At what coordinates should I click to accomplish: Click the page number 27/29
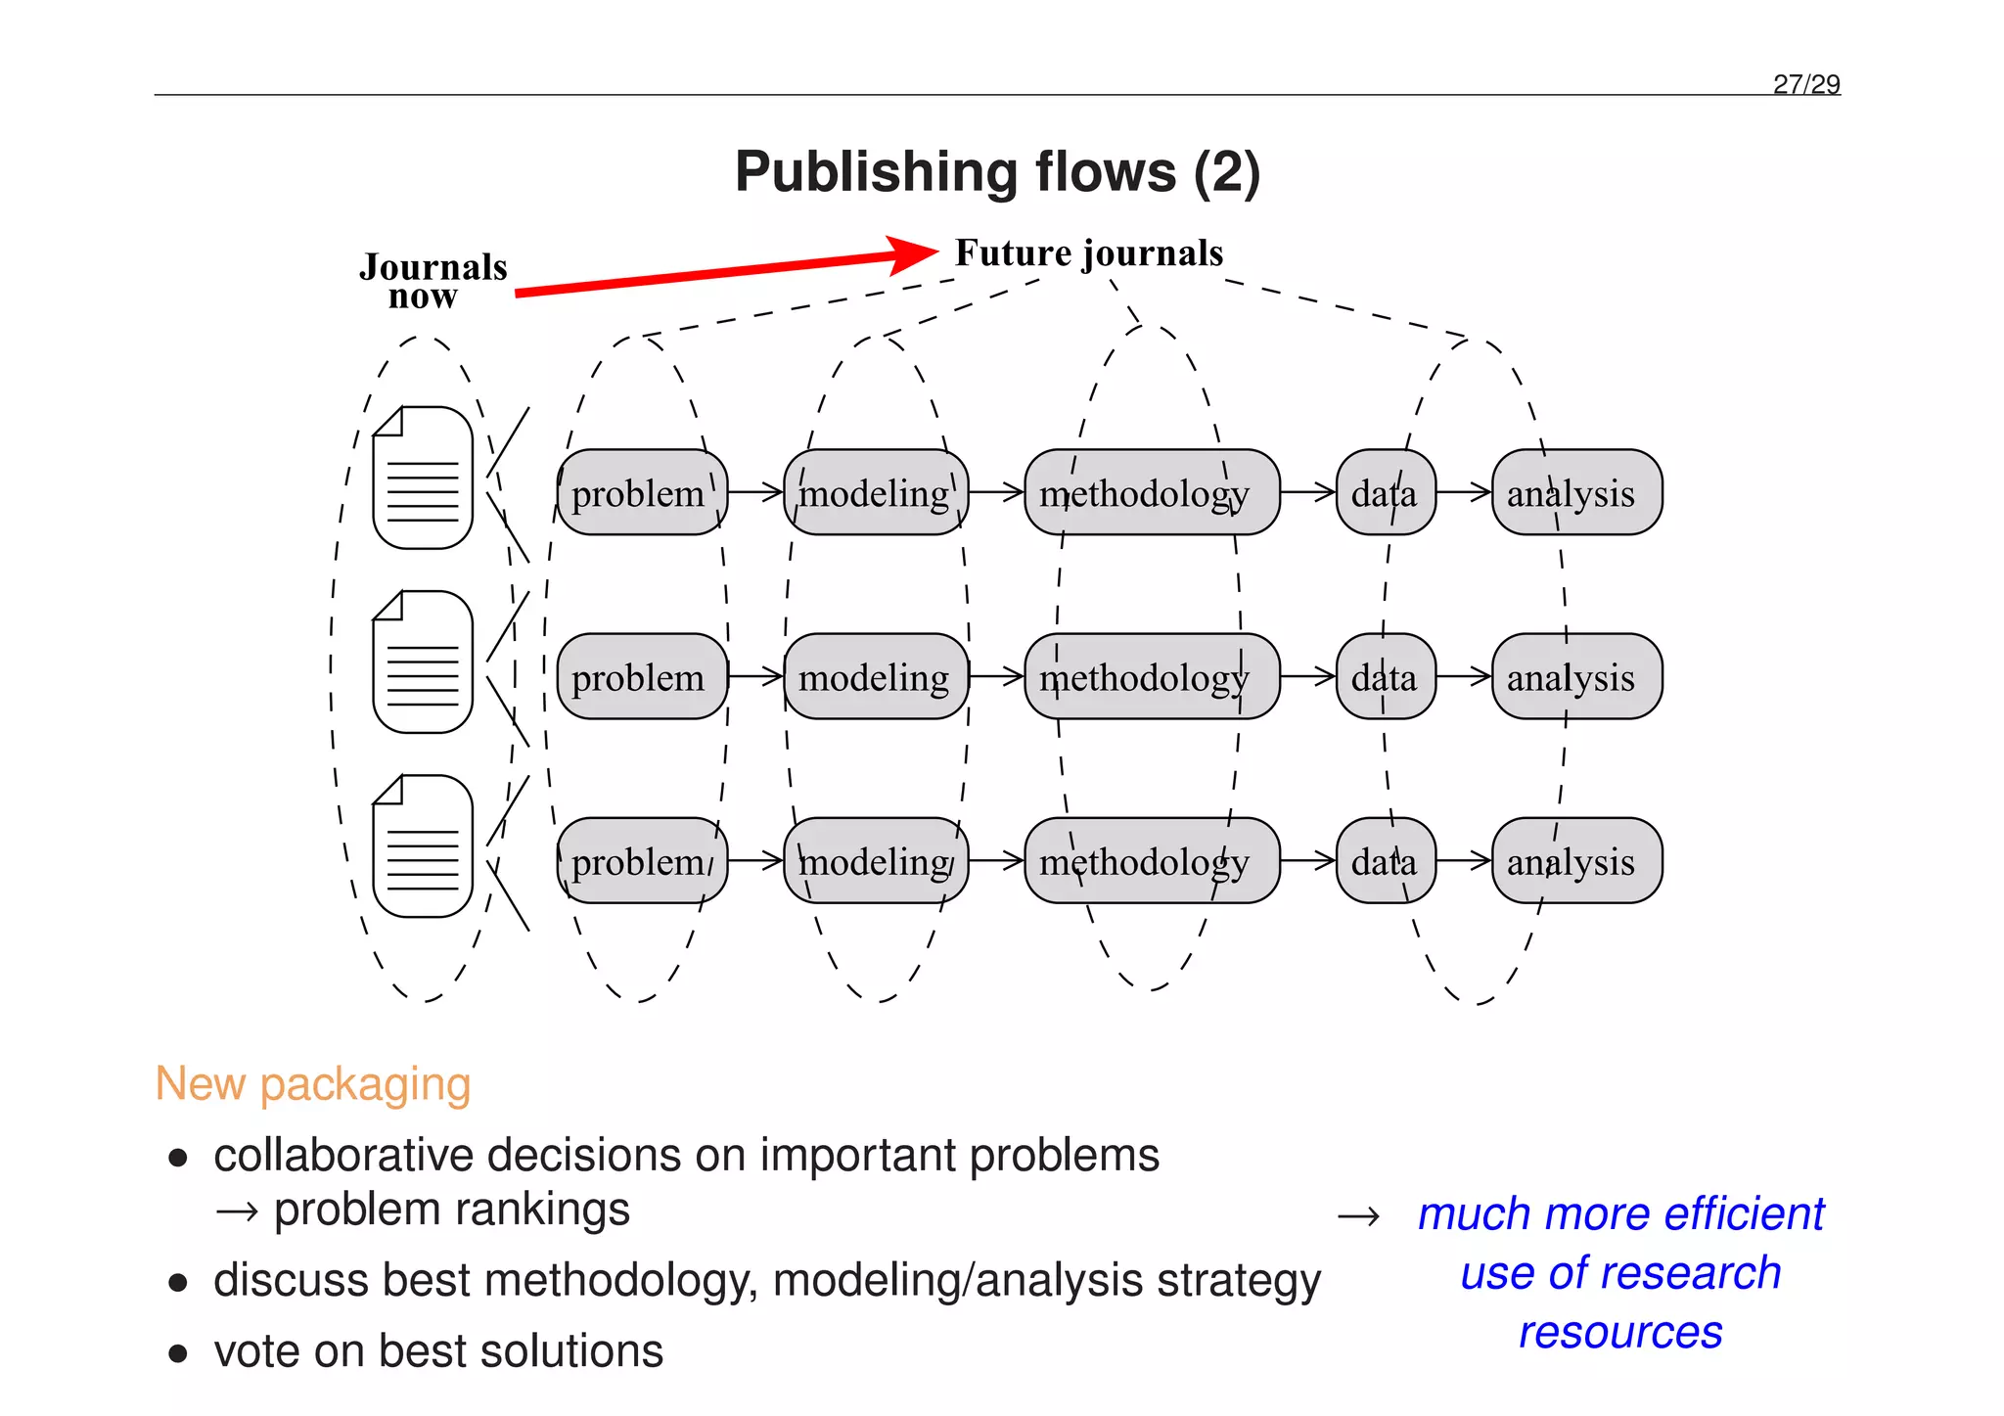pos(1805,84)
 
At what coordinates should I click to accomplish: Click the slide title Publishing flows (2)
pos(997,172)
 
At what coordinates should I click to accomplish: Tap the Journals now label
pos(433,281)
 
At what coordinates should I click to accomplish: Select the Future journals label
pos(1088,253)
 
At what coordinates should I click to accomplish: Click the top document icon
pos(423,478)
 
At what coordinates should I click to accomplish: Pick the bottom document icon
pos(423,846)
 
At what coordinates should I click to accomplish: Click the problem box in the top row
pos(642,492)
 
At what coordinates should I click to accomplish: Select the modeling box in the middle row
pos(875,677)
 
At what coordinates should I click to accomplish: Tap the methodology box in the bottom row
pos(1151,861)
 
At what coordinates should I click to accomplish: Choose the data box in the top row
pos(1385,492)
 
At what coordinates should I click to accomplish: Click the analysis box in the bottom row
pos(1575,861)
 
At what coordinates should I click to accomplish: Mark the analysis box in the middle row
pos(1575,677)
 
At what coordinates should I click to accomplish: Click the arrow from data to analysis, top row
pos(1464,492)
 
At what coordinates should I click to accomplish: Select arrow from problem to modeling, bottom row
pos(755,861)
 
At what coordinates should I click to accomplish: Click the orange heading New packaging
pos(313,1084)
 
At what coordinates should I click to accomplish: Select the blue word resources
pos(1620,1333)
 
